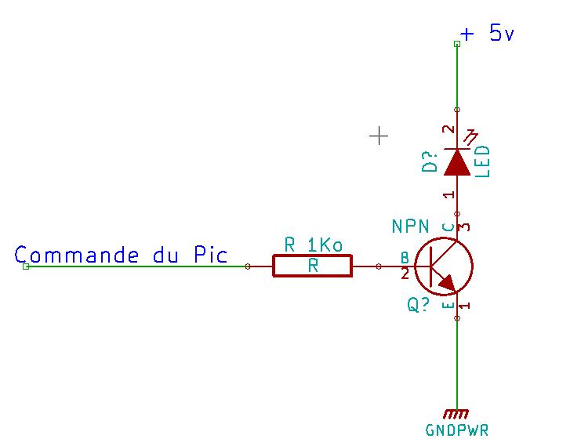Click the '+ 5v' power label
click(x=487, y=34)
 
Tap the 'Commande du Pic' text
click(x=121, y=255)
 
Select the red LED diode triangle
click(x=457, y=161)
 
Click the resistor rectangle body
click(x=313, y=266)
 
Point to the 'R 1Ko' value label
click(x=313, y=245)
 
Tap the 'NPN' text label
click(x=410, y=227)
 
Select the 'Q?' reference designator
click(x=418, y=305)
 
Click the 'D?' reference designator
click(x=430, y=161)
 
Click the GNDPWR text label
click(x=457, y=430)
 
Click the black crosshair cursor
click(x=379, y=136)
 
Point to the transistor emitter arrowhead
click(x=448, y=282)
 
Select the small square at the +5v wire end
click(x=457, y=44)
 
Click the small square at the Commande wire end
click(x=26, y=267)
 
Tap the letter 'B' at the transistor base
click(x=405, y=257)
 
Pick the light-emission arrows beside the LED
click(x=472, y=137)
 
